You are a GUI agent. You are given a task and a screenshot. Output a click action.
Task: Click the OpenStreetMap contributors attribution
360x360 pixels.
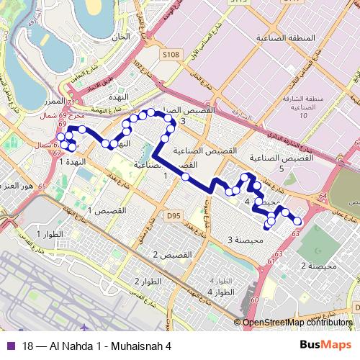pyautogui.click(x=297, y=323)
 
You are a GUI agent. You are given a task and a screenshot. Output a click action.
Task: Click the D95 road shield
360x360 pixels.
pyautogui.click(x=173, y=215)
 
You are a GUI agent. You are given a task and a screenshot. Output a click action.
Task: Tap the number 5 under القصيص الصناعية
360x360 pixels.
pyautogui.click(x=282, y=168)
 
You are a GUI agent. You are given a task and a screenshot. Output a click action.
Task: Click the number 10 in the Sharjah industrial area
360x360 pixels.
pyautogui.click(x=303, y=115)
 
